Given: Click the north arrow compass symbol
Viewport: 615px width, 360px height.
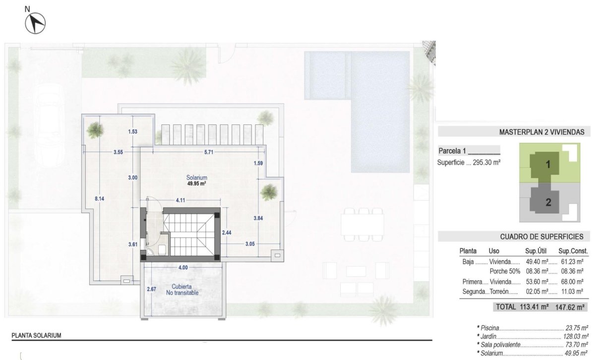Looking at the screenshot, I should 35,22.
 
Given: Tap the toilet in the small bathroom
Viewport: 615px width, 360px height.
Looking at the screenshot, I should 162,248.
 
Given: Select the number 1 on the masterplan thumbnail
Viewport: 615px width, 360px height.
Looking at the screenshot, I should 548,166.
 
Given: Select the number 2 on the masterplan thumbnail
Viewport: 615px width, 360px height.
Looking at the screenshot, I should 548,202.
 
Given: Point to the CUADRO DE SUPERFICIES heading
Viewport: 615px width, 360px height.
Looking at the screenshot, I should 542,237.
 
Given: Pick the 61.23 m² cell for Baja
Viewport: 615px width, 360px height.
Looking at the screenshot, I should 571,261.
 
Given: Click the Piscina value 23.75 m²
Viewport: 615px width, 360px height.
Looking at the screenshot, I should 577,328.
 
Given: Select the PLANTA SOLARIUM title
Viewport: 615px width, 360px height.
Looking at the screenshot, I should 36,336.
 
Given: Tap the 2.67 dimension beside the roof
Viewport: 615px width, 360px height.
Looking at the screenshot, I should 152,289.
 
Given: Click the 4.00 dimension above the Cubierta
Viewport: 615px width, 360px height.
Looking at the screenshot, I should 183,268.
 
